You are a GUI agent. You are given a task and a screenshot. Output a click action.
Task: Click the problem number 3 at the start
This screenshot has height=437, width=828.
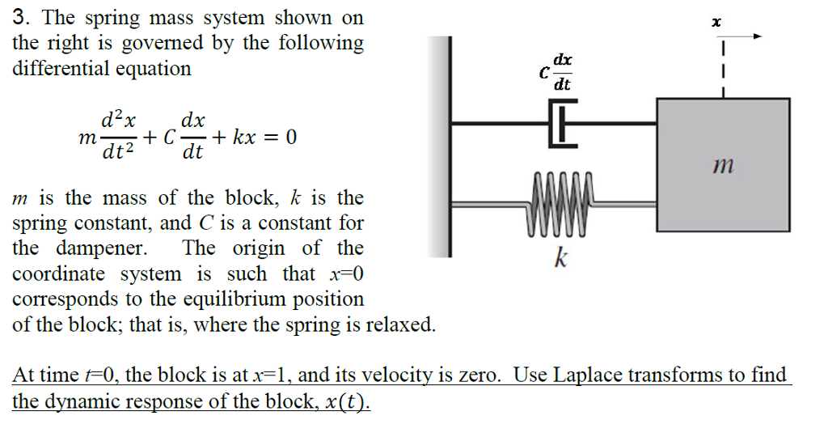click(x=19, y=17)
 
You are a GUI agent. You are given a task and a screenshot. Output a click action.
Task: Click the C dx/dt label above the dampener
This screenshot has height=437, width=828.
click(x=557, y=72)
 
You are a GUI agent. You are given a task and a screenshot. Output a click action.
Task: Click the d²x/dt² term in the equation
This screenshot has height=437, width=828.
click(x=118, y=138)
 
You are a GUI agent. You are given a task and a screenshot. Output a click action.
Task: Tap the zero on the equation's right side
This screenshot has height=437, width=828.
click(x=291, y=138)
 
